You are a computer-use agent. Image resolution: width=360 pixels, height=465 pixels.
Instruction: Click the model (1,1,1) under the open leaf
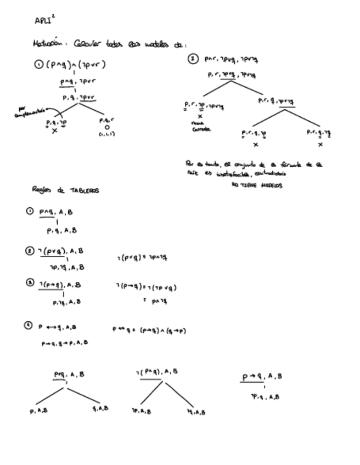tap(107, 134)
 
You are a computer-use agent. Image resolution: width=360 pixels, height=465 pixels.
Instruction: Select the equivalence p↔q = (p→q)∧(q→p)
tap(149, 330)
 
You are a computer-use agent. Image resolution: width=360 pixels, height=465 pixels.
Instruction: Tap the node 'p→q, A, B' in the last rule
tap(263, 377)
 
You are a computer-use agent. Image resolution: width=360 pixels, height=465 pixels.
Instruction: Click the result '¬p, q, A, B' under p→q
tap(264, 396)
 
